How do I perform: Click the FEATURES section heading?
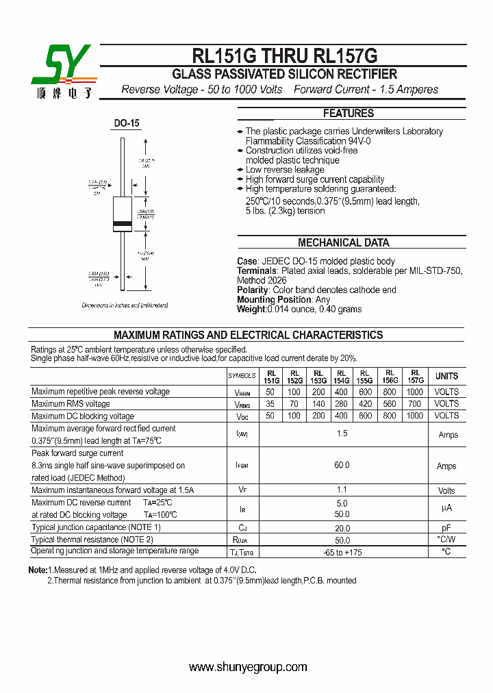(348, 114)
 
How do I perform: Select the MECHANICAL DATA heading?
(343, 242)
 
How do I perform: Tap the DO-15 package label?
(127, 123)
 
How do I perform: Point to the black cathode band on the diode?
(122, 225)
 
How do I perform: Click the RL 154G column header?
(341, 376)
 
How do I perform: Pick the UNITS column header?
(446, 376)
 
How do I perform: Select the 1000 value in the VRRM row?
(415, 392)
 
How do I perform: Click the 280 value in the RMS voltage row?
(341, 404)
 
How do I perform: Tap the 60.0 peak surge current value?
(342, 465)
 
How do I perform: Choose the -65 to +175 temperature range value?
(342, 552)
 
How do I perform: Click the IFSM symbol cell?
(242, 466)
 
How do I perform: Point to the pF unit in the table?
(446, 528)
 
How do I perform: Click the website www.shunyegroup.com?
(248, 667)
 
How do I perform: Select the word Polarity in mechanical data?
(253, 290)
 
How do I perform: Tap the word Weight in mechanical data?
(251, 309)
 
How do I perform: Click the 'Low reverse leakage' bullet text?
(285, 170)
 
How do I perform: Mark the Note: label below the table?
(38, 570)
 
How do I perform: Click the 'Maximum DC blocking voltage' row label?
(83, 416)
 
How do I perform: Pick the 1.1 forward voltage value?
(342, 490)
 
